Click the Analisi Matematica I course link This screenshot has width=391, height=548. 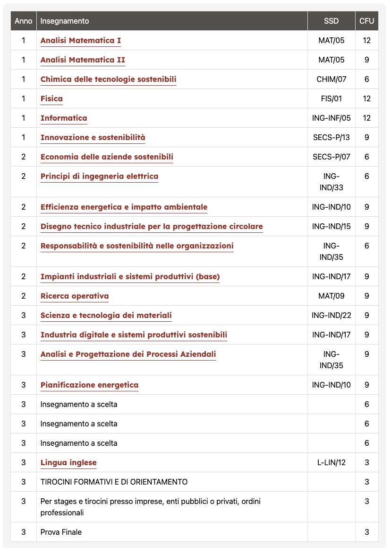click(81, 41)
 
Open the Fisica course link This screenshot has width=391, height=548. click(51, 99)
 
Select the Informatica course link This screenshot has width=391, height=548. click(64, 118)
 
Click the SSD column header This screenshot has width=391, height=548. click(331, 21)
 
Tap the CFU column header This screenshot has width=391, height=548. click(366, 21)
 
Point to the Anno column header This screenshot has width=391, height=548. click(24, 21)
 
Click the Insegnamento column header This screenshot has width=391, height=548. click(65, 21)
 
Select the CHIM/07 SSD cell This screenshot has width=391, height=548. click(331, 80)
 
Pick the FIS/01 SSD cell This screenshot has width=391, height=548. click(331, 99)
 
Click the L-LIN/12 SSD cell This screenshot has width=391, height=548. click(331, 462)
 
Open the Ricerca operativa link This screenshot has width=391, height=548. click(75, 296)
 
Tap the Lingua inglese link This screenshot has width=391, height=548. click(68, 462)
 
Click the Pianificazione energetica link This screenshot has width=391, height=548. click(90, 385)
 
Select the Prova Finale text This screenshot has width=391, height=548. click(61, 532)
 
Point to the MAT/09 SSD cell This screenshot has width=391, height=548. click(331, 296)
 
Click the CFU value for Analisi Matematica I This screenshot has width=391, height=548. click(366, 41)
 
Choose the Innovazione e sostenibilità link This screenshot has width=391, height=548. click(93, 138)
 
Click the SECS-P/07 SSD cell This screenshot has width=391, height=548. click(331, 157)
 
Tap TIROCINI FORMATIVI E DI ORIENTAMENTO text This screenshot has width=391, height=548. click(114, 482)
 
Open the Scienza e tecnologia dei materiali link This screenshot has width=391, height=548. click(106, 316)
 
